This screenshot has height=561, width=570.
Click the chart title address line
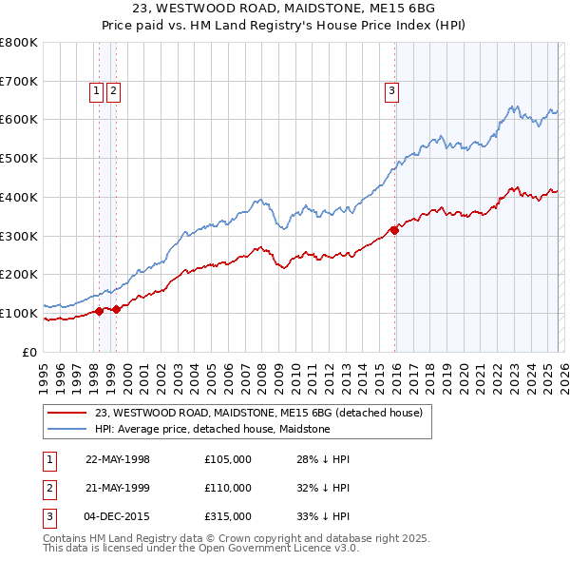[285, 8]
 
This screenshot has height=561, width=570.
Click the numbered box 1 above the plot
[97, 91]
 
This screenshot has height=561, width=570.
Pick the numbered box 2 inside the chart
[113, 91]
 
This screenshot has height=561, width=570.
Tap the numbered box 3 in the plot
[391, 91]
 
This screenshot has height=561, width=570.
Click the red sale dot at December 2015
[394, 229]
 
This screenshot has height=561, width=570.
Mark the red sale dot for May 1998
[99, 310]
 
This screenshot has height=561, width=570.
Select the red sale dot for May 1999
[115, 309]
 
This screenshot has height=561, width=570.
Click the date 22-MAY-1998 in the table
[118, 459]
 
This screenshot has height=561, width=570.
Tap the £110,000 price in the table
[227, 488]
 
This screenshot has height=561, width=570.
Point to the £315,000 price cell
[227, 516]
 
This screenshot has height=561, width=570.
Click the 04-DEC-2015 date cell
[118, 516]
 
